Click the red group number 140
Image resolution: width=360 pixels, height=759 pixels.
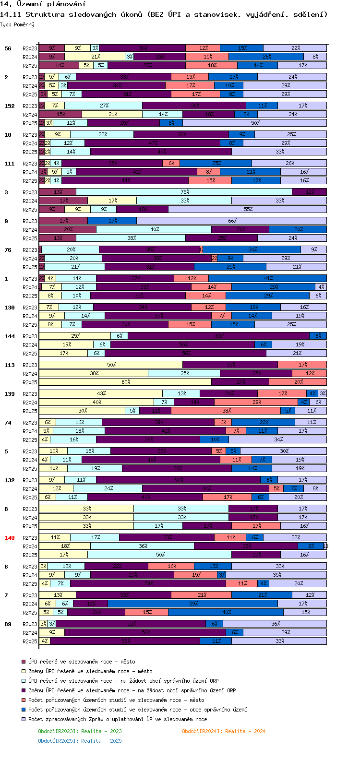click(10, 538)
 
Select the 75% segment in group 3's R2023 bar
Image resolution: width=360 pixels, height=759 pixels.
click(184, 192)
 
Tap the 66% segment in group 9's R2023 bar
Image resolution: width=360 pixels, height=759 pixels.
click(232, 221)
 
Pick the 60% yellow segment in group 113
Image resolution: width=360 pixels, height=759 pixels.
click(125, 382)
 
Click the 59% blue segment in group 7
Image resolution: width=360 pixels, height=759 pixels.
click(193, 604)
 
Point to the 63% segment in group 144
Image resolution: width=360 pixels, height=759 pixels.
click(219, 336)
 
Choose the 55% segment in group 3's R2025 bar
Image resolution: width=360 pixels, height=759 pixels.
click(248, 209)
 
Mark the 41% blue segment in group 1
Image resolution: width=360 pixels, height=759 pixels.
click(268, 278)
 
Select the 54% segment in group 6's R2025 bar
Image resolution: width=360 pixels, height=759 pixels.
click(148, 583)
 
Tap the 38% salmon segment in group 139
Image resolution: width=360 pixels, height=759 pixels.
click(226, 411)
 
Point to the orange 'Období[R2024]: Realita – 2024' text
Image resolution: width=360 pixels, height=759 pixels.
click(224, 731)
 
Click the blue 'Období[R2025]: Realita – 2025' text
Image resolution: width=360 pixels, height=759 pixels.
click(80, 741)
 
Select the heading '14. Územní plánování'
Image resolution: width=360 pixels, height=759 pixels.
click(43, 4)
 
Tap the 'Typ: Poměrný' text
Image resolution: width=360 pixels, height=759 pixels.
click(17, 24)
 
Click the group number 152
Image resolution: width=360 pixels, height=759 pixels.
click(10, 106)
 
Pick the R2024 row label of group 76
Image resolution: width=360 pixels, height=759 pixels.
click(30, 259)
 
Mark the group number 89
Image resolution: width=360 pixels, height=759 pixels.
click(8, 624)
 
